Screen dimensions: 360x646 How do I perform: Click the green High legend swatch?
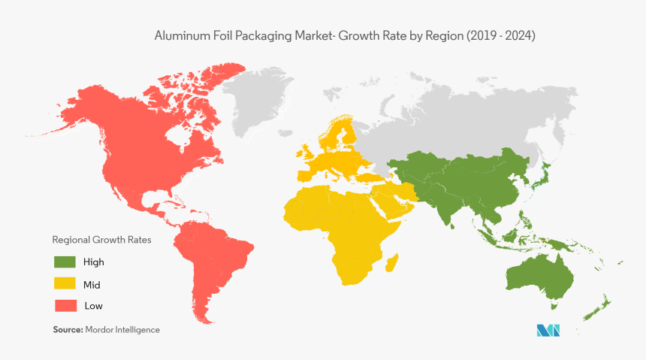pyautogui.click(x=65, y=262)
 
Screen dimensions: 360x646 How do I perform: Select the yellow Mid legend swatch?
pyautogui.click(x=65, y=284)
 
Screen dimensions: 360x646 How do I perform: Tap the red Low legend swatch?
pyautogui.click(x=65, y=306)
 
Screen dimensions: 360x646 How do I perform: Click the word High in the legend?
pyautogui.click(x=95, y=262)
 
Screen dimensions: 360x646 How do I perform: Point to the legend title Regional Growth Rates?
pyautogui.click(x=101, y=241)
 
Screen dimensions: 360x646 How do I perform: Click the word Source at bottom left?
pyautogui.click(x=68, y=330)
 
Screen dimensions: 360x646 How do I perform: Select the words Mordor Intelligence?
pyautogui.click(x=122, y=330)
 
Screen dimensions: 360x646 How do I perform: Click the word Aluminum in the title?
pyautogui.click(x=177, y=35)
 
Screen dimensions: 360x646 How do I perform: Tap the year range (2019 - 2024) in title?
pyautogui.click(x=500, y=35)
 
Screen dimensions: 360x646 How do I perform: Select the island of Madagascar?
pyautogui.click(x=392, y=263)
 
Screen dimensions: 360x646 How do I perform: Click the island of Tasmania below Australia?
pyautogui.click(x=554, y=307)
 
